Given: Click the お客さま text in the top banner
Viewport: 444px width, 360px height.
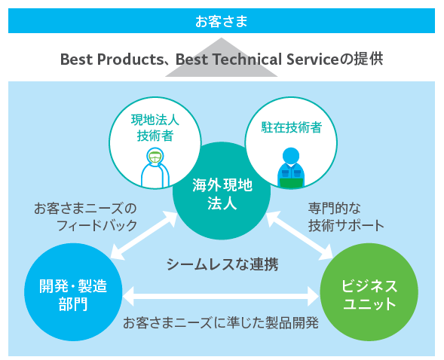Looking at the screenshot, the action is click(222, 21).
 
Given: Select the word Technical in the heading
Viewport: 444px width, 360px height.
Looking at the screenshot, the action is click(247, 59).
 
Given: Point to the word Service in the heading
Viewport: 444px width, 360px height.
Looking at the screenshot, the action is click(312, 59).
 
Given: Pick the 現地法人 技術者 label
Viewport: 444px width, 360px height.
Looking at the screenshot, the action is click(155, 128).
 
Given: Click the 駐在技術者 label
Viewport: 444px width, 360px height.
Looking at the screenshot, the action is click(292, 127).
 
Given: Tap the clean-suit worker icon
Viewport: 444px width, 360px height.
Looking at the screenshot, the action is click(155, 167).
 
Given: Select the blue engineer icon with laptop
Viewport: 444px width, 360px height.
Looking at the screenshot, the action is click(291, 167).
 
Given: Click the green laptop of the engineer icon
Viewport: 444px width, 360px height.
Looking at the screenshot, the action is click(292, 183).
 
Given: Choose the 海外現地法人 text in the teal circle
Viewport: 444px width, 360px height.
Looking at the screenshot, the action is click(222, 194).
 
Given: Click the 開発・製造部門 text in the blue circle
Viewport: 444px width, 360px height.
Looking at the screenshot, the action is click(73, 295).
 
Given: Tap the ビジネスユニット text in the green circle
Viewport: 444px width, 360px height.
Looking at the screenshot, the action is click(369, 295).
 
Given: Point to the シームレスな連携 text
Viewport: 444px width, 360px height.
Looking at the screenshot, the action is click(222, 264).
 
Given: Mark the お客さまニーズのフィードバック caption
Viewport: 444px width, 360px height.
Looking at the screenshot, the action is click(85, 217).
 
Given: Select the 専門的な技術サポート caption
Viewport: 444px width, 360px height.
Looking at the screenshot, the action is click(346, 217).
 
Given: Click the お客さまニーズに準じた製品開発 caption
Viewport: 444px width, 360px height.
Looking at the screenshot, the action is click(221, 323).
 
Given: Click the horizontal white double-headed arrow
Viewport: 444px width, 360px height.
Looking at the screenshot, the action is click(221, 297).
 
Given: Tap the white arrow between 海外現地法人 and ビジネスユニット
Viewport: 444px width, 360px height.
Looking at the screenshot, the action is click(299, 236).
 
